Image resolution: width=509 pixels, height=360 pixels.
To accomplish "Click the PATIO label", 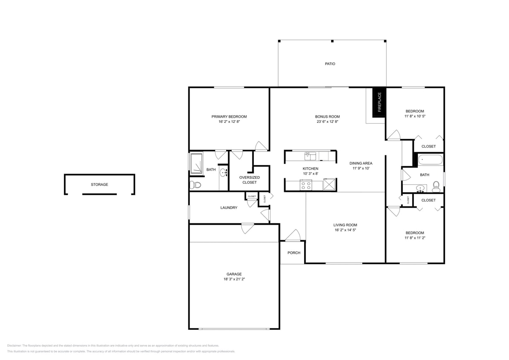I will (330, 64).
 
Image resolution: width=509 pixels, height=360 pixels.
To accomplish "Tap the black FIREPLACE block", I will (379, 102).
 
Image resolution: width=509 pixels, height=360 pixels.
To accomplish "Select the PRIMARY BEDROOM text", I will (229, 116).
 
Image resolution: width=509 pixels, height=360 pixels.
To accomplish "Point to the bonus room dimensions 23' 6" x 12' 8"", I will (327, 122).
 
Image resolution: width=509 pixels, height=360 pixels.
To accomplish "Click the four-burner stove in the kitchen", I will (306, 185).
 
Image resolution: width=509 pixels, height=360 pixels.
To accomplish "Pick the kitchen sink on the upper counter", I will (310, 156).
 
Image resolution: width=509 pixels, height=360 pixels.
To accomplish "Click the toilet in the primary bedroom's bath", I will (195, 185).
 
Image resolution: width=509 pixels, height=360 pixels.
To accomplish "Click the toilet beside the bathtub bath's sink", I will (436, 186).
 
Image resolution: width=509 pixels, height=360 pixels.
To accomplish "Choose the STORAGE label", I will (99, 185).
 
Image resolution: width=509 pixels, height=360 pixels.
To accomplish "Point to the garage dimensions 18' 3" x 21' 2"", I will (234, 279).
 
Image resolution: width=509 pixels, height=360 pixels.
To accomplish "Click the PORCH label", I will (294, 253).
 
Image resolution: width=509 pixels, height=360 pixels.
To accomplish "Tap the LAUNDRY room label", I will (229, 208).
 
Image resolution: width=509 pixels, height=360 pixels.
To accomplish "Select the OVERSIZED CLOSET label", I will (250, 180).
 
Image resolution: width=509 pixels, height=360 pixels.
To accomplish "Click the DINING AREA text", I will (361, 163).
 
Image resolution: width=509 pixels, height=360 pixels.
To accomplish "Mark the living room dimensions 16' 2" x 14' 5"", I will (345, 230).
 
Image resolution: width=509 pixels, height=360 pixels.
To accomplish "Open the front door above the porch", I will (294, 236).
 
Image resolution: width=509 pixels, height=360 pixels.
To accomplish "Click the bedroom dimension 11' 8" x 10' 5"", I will (414, 116).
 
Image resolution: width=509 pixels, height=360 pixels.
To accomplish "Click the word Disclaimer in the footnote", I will (14, 345).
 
